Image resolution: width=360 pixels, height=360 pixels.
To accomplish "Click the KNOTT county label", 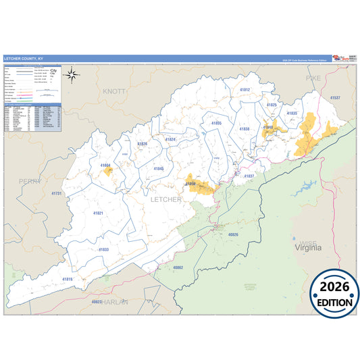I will tap(109, 90).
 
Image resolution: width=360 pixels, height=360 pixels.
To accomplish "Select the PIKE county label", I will tap(313, 78).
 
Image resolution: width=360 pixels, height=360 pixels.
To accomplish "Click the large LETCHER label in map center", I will tap(165, 200).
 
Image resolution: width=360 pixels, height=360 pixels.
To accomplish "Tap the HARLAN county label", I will tap(114, 302).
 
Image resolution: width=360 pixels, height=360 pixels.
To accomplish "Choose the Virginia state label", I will tap(308, 248).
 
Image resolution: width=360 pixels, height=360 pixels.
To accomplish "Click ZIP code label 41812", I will tap(245, 90).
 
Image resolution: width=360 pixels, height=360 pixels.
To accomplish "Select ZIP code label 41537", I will tap(335, 98).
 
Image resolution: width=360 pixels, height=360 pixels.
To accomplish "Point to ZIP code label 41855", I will tap(216, 124).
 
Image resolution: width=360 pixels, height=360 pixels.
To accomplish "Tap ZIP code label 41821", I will tap(99, 213).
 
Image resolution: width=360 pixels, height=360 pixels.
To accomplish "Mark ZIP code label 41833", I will tap(103, 249).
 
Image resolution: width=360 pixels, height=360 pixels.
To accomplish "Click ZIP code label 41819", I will tap(68, 279).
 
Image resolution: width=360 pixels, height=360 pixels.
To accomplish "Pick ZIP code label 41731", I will tap(56, 194).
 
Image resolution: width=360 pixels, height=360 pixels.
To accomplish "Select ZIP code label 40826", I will tap(234, 234).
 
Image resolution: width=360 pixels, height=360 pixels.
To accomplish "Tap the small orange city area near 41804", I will tap(108, 172).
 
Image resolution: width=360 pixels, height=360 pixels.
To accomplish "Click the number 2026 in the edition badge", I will tap(335, 286).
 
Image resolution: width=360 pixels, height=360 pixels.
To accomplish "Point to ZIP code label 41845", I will tap(158, 168).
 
